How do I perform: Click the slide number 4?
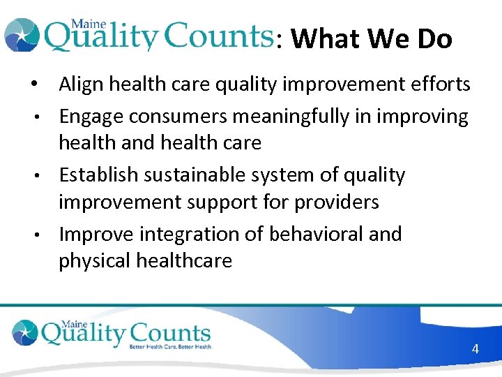pyautogui.click(x=475, y=348)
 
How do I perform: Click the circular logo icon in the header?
pyautogui.click(x=21, y=35)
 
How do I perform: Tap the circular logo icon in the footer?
pyautogui.click(x=25, y=332)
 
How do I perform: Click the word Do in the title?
pyautogui.click(x=434, y=39)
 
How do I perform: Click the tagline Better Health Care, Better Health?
pyautogui.click(x=169, y=346)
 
